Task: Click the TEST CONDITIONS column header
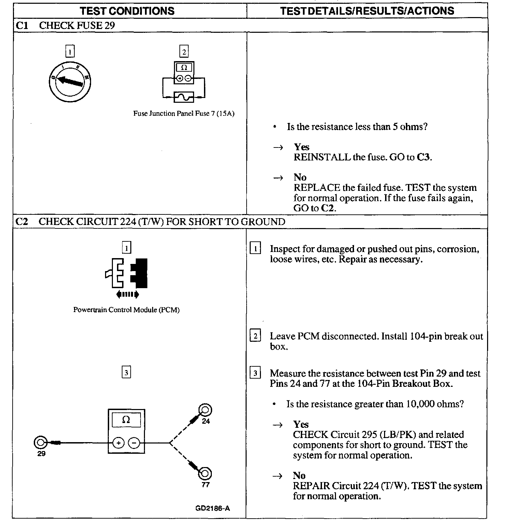[127, 11]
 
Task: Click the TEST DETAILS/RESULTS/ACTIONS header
[367, 11]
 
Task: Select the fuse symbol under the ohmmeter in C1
[184, 97]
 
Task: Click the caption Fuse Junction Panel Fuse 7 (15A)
[184, 114]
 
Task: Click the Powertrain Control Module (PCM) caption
[127, 310]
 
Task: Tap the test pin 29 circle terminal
[40, 442]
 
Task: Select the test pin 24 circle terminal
[205, 410]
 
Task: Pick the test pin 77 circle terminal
[205, 474]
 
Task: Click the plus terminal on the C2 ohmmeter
[118, 443]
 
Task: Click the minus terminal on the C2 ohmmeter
[134, 443]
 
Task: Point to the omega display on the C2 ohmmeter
[126, 420]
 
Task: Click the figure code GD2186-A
[212, 508]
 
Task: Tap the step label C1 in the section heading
[22, 25]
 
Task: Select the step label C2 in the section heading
[22, 222]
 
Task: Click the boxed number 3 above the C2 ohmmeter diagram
[126, 372]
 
